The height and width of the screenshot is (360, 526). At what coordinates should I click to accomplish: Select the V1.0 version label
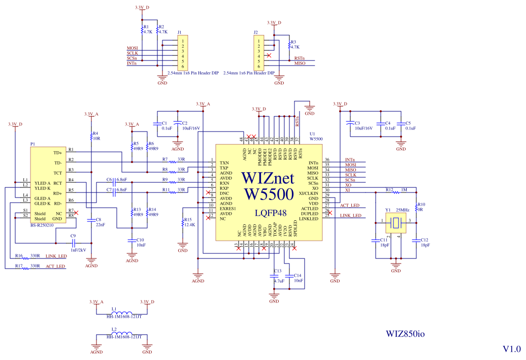[x=511, y=349]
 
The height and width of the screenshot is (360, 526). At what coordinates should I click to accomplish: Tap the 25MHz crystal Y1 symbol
[x=396, y=221]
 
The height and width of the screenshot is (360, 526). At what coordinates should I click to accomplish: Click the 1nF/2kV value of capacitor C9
[x=78, y=250]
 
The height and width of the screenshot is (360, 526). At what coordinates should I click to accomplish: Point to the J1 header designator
[x=180, y=32]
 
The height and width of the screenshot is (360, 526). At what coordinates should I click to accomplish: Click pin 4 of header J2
[x=259, y=56]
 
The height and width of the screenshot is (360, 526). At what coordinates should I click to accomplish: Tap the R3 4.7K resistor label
[x=293, y=44]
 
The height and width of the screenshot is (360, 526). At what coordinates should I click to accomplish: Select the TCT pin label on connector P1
[x=57, y=173]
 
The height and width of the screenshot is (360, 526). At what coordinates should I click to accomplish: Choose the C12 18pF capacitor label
[x=424, y=242]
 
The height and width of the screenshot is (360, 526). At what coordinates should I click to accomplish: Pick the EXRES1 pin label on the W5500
[x=228, y=209]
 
